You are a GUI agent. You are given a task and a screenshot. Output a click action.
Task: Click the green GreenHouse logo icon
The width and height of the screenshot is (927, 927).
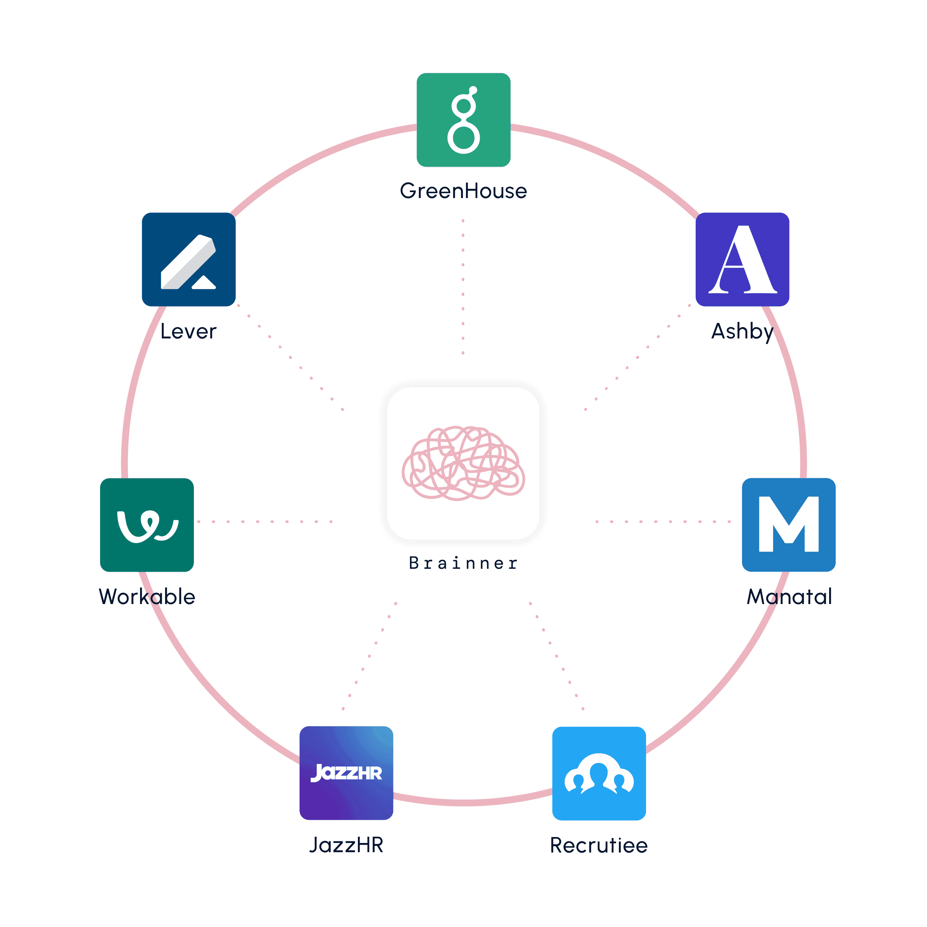463,120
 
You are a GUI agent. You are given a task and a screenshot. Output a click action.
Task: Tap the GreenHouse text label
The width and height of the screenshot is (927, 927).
463,191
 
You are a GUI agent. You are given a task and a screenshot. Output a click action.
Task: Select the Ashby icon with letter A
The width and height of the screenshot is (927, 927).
742,259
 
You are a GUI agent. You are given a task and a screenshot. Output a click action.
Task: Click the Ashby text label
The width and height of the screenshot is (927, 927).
742,331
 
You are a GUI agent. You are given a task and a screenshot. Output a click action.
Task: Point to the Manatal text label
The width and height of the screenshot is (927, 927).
789,596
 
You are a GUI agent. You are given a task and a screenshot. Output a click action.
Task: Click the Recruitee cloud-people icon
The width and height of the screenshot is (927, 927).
599,773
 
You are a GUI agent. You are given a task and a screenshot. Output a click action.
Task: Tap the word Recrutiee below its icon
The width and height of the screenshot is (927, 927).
599,845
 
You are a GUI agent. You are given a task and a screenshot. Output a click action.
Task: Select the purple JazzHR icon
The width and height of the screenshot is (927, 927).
346,772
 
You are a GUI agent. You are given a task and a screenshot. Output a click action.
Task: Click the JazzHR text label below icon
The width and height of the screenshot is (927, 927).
346,845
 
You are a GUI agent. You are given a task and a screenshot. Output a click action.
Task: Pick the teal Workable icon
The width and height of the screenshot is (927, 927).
147,524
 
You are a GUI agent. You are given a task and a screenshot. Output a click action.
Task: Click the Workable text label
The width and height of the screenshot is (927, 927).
147,596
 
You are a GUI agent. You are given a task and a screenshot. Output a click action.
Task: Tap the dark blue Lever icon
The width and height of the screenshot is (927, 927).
188,259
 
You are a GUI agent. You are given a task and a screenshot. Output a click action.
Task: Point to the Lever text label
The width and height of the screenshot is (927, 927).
188,331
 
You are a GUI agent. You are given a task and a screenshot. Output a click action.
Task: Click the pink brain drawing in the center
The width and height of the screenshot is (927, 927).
463,463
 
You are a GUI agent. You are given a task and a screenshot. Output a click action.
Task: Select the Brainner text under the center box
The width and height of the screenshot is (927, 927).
463,563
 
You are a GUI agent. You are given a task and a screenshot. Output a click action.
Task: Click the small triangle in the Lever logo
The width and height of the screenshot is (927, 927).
204,283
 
